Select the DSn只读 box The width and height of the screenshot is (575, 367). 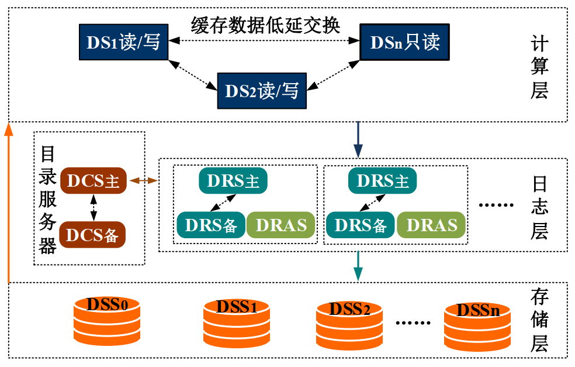pos(405,42)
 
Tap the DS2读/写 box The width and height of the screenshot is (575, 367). pos(262,91)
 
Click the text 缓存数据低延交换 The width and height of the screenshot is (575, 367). pos(265,25)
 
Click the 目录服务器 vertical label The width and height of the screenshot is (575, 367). pos(48,199)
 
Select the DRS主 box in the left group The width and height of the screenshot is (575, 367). pos(233,180)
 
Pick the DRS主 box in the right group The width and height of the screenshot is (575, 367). pos(382,180)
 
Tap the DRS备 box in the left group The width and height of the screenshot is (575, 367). pos(211,225)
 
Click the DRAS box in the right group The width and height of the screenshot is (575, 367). pos(431,225)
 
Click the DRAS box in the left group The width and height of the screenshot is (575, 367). pos(281,225)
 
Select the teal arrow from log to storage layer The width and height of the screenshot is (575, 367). pos(359,266)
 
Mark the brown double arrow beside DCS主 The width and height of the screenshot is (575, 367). pos(143,181)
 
